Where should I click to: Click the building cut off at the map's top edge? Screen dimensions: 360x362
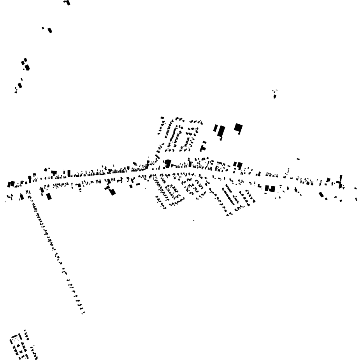point(67,2)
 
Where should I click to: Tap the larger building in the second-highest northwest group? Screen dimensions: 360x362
point(50,30)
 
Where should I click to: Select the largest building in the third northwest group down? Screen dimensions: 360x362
point(27,67)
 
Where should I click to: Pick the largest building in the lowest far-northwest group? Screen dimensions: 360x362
point(20,85)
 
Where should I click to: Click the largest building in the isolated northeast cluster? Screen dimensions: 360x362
point(275,96)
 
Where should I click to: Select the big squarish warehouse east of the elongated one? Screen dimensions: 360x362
point(238,127)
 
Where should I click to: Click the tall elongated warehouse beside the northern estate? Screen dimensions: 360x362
point(221,131)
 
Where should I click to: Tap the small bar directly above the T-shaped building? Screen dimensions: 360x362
point(204,142)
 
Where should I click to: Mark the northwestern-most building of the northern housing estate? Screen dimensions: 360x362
point(162,117)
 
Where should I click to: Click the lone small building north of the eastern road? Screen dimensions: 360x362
point(298,159)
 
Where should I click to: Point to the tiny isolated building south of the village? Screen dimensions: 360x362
point(193,221)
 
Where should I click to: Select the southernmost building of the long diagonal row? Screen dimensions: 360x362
point(83,313)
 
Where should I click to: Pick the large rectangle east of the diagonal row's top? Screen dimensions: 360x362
point(49,196)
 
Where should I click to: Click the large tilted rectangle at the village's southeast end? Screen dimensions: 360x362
point(321,194)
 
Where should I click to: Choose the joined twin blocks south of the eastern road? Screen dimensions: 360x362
point(270,189)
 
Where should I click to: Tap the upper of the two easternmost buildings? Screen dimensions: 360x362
point(355,189)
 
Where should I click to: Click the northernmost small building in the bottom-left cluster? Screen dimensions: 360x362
point(25,331)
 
